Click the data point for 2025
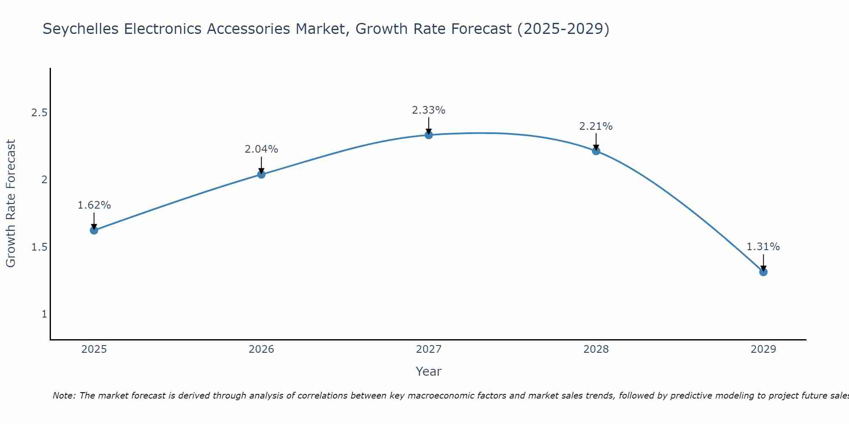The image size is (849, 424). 94,230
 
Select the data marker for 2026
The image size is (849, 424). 261,174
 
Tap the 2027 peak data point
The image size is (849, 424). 429,135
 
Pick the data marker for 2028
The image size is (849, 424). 596,151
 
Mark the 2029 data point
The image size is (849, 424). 763,272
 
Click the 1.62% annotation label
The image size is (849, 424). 94,205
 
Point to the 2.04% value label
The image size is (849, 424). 261,149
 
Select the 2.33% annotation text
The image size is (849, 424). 429,110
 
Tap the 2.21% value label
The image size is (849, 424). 596,126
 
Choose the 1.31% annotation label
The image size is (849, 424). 763,247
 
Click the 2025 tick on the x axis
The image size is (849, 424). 94,349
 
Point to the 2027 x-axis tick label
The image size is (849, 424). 429,349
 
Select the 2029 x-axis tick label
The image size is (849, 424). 763,349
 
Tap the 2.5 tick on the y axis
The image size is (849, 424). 39,113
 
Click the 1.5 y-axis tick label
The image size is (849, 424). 39,247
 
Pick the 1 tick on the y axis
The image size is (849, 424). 44,314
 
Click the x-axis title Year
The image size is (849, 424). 429,371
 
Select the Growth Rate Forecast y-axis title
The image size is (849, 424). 11,204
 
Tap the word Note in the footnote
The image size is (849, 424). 64,396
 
